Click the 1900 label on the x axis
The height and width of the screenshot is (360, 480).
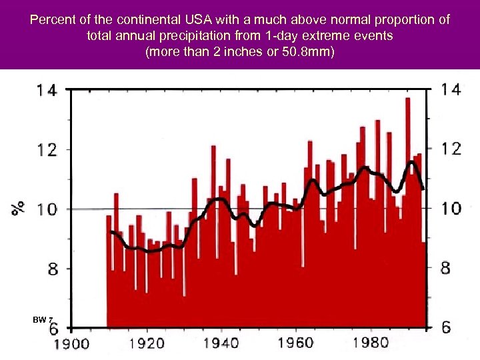[x=71, y=344]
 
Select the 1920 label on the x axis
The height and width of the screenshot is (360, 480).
[x=146, y=344]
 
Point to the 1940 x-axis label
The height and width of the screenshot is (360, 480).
[x=221, y=344]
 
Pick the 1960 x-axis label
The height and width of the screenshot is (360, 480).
[x=295, y=343]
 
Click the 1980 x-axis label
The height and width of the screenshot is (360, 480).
[x=370, y=343]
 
